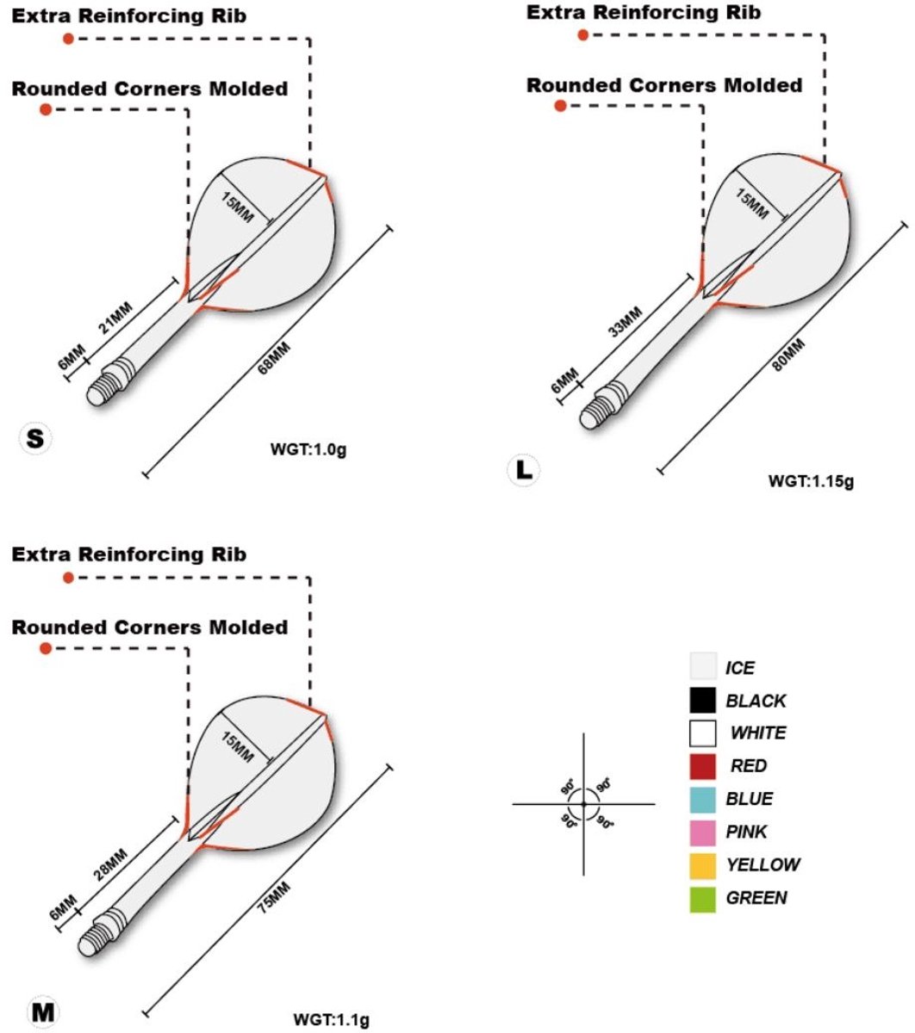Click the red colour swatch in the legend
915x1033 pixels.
click(x=703, y=766)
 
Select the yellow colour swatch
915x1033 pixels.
click(x=703, y=865)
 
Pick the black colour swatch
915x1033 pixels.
click(x=703, y=701)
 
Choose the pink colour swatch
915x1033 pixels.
click(x=703, y=832)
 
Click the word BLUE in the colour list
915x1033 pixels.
click(x=749, y=799)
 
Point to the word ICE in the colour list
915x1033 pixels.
click(x=740, y=668)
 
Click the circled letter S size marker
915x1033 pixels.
click(x=35, y=439)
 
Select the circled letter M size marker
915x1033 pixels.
click(x=42, y=1012)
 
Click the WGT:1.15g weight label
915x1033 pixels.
click(x=811, y=481)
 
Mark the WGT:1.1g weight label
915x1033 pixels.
click(x=331, y=1020)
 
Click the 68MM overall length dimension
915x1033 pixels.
click(x=275, y=356)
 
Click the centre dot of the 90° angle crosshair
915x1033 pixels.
click(x=583, y=804)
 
